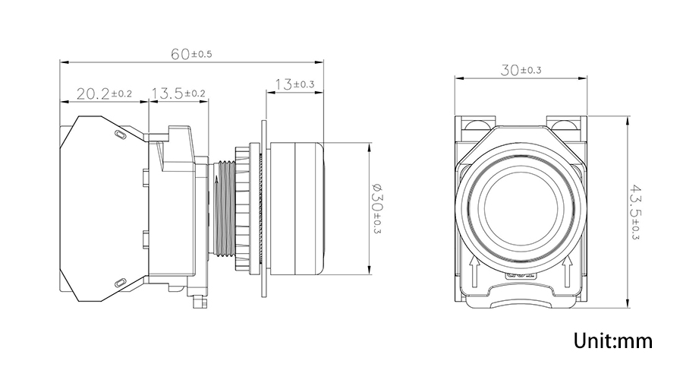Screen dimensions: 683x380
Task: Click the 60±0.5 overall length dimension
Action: (191, 54)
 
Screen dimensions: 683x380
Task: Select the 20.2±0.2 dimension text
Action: (104, 93)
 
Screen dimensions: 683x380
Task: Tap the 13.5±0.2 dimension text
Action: (178, 93)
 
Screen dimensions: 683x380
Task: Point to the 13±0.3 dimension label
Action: (294, 84)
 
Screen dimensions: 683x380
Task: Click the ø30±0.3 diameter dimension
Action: (377, 208)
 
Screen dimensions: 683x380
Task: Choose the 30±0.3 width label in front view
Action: (521, 70)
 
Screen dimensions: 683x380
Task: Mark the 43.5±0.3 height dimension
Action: (634, 213)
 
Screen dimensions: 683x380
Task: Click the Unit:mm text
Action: (613, 340)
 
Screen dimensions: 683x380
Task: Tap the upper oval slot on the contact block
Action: (120, 135)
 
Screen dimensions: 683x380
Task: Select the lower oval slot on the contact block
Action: (120, 283)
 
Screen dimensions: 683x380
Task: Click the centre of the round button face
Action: (521, 207)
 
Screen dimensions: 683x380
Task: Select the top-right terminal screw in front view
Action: (565, 125)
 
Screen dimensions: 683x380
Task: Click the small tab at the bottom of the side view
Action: (200, 301)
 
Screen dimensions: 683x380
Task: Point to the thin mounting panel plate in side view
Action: (264, 208)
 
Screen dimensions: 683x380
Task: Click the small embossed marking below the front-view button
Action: (521, 275)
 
